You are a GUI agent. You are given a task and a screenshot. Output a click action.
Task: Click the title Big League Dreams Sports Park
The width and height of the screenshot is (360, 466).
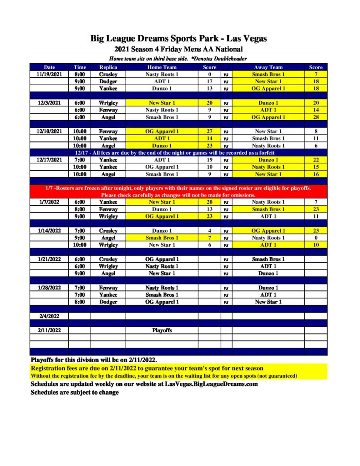tap(178, 39)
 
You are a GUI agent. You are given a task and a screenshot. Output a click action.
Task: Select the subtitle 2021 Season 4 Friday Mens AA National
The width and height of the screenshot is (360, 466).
tap(178, 49)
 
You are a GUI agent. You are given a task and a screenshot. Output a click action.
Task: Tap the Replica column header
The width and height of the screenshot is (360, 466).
tap(108, 67)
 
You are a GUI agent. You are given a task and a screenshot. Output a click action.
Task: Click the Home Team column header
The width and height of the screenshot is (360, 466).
tap(162, 67)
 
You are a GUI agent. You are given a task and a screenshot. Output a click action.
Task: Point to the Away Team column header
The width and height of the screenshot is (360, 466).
tap(268, 67)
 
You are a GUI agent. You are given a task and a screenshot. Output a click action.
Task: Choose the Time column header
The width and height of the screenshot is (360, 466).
tap(79, 67)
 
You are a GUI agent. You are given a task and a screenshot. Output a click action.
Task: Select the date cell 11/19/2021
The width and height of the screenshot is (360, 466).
tap(49, 74)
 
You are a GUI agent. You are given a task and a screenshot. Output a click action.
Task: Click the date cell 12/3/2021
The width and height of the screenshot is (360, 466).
tap(49, 103)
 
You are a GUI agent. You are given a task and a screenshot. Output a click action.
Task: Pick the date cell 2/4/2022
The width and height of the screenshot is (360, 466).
tap(49, 316)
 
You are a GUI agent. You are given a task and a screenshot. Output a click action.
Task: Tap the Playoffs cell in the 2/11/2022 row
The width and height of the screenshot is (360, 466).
tap(162, 331)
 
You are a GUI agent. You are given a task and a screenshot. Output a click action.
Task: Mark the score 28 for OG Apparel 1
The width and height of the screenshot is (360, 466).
tap(316, 117)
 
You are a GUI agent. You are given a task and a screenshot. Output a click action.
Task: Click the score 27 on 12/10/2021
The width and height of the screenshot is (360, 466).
tap(209, 132)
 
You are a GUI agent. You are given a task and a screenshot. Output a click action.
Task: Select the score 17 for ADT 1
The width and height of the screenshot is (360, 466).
tap(209, 81)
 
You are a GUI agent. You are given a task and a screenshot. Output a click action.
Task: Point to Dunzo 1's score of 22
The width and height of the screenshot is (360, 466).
tap(316, 160)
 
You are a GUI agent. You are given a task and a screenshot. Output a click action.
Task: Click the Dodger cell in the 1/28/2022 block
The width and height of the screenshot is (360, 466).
tap(108, 302)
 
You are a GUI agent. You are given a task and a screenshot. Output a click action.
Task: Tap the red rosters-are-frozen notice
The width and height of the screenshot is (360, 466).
tap(178, 192)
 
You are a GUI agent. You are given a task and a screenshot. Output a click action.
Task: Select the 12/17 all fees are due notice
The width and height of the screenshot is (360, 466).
tap(178, 153)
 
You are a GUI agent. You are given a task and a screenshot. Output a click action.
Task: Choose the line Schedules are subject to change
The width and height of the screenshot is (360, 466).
tap(75, 392)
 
